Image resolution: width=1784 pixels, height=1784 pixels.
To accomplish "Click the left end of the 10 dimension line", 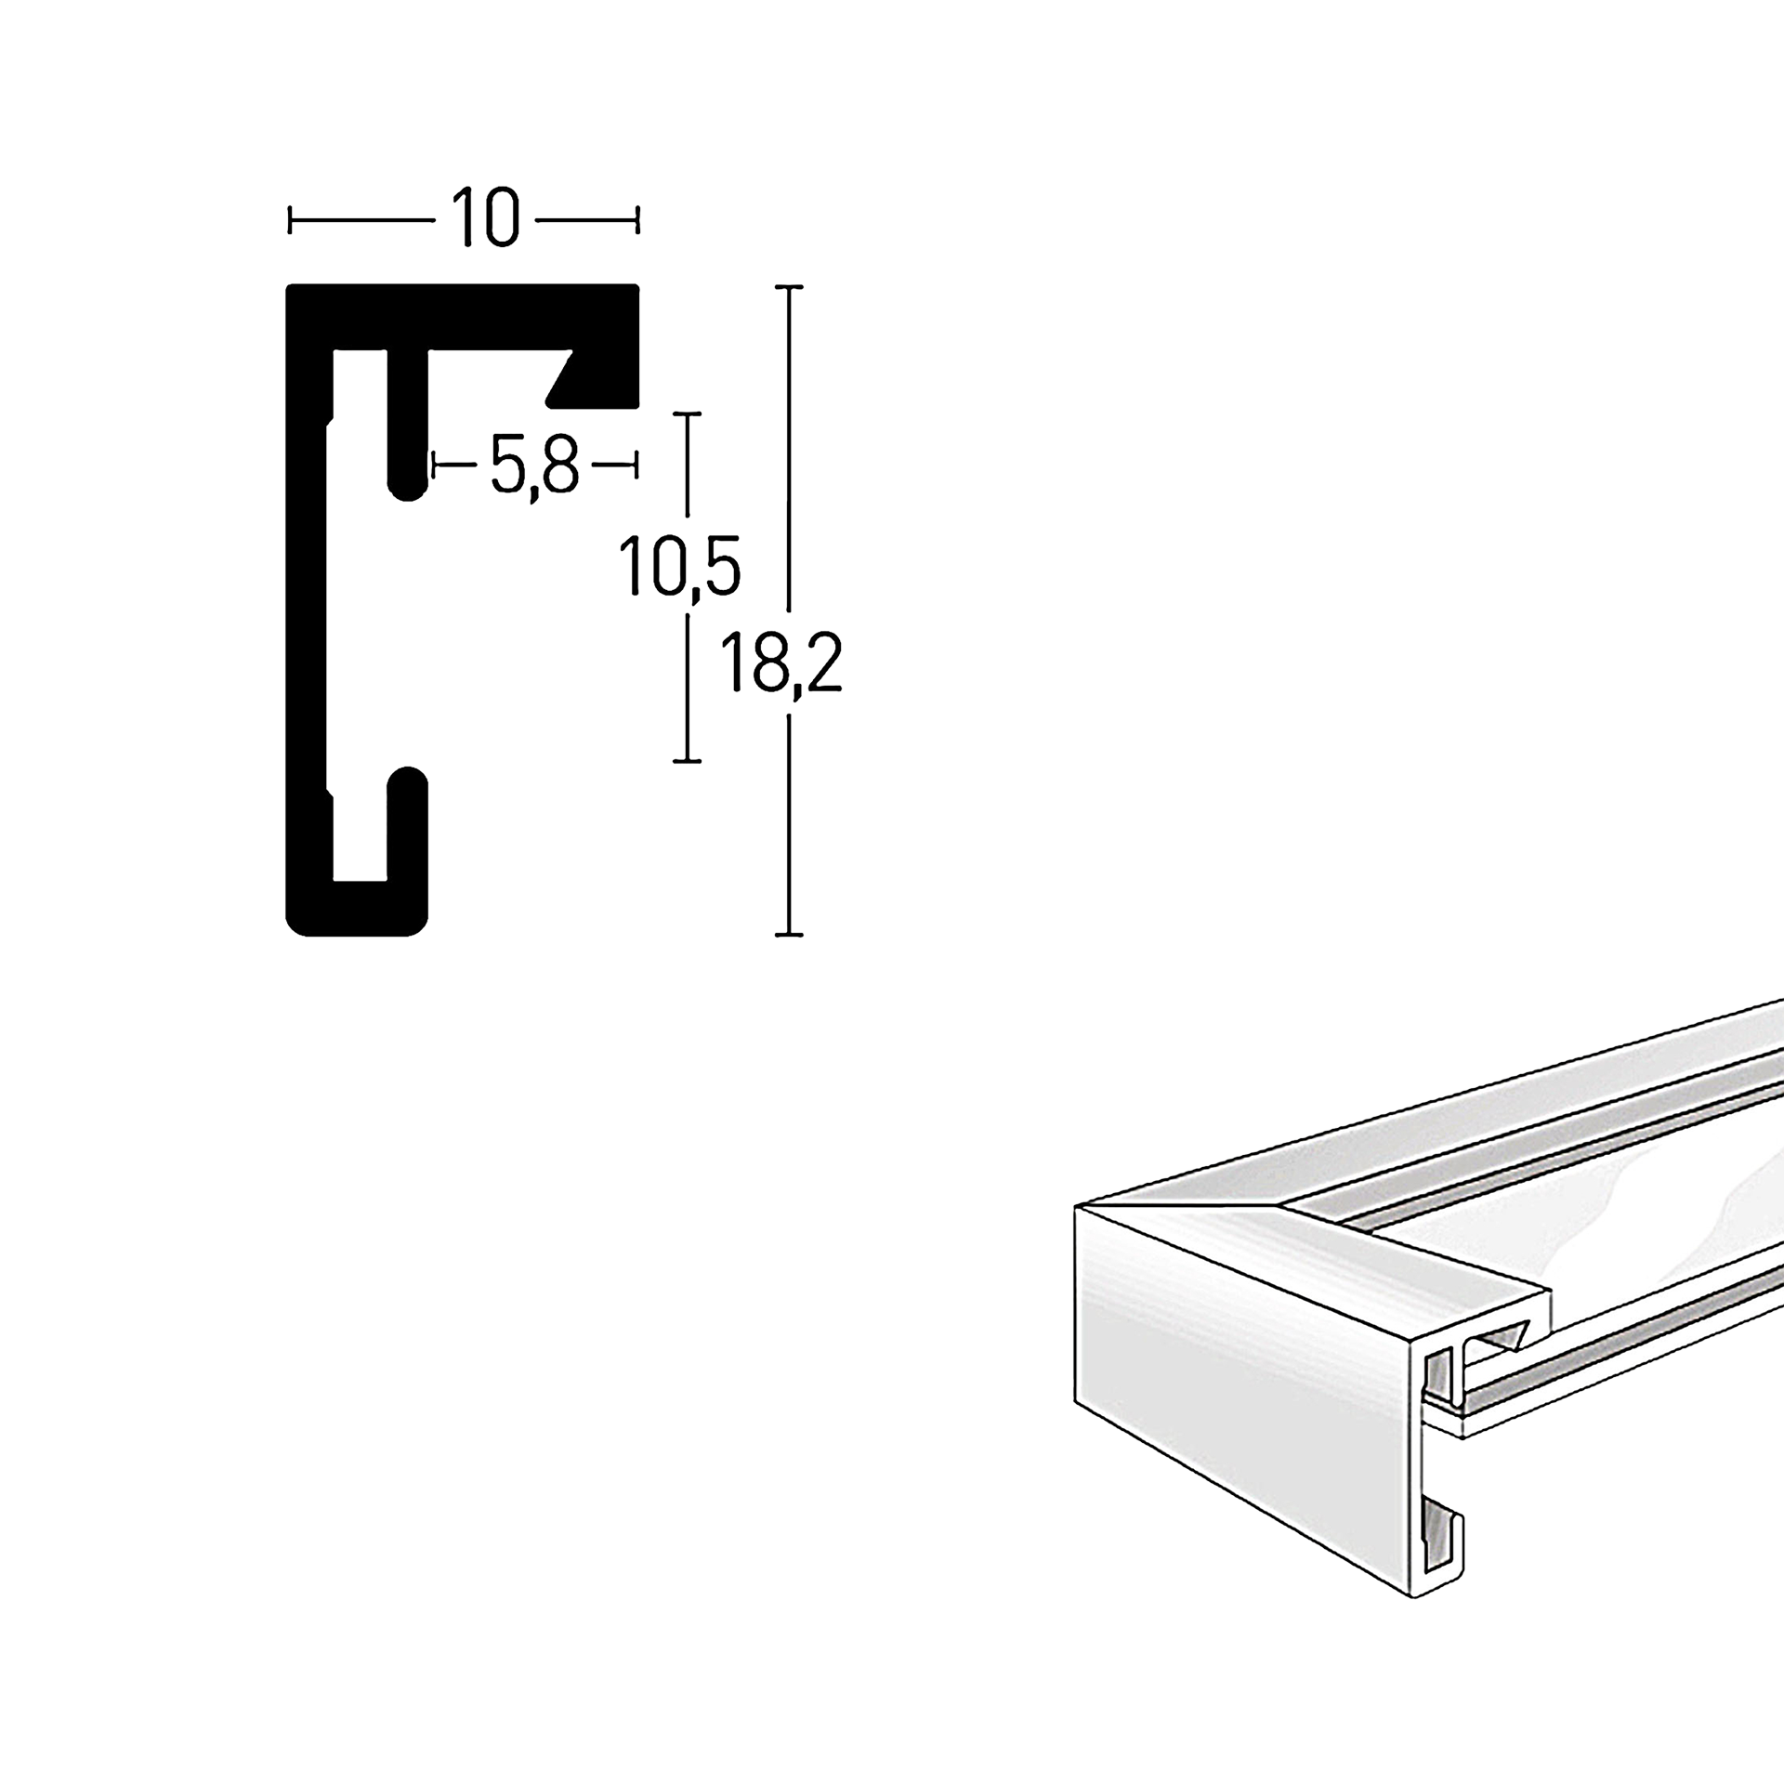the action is [291, 221].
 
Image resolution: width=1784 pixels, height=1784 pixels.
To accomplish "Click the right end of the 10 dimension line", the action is [637, 221].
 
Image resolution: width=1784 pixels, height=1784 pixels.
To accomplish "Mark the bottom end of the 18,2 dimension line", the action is [789, 934].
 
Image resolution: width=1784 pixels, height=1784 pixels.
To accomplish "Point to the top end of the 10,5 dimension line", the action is [687, 413].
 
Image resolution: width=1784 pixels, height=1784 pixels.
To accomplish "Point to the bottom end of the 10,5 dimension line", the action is [687, 761].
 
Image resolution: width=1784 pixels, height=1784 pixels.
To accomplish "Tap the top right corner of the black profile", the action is [638, 285].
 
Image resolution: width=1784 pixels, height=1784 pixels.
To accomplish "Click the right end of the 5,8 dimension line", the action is [636, 464].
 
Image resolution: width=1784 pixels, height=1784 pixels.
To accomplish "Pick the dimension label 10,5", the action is [679, 567].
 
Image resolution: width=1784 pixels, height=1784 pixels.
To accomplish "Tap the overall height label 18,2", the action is [780, 662].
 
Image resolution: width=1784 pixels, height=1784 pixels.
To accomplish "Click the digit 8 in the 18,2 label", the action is [770, 661].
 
